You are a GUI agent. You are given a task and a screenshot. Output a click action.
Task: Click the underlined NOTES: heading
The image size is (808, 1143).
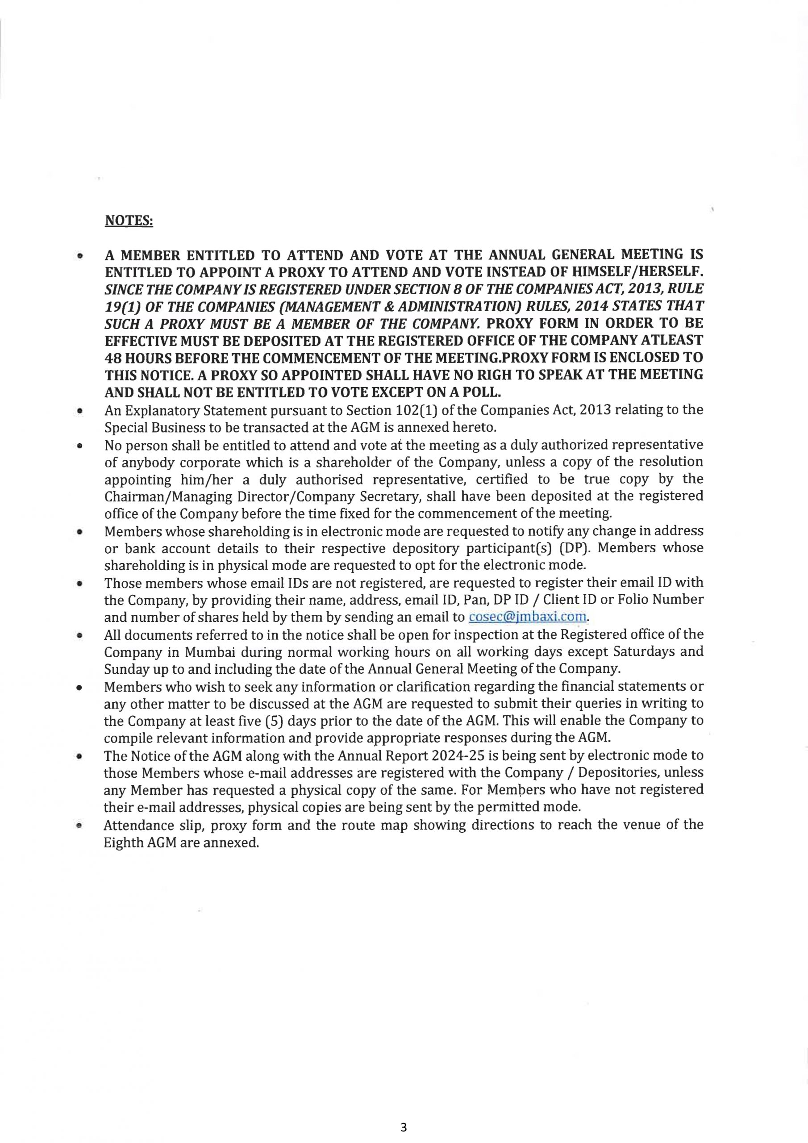coord(129,220)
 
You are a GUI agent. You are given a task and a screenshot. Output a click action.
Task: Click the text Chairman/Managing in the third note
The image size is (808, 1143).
coord(170,496)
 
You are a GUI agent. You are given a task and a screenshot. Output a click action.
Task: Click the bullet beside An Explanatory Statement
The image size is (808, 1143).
coord(79,412)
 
